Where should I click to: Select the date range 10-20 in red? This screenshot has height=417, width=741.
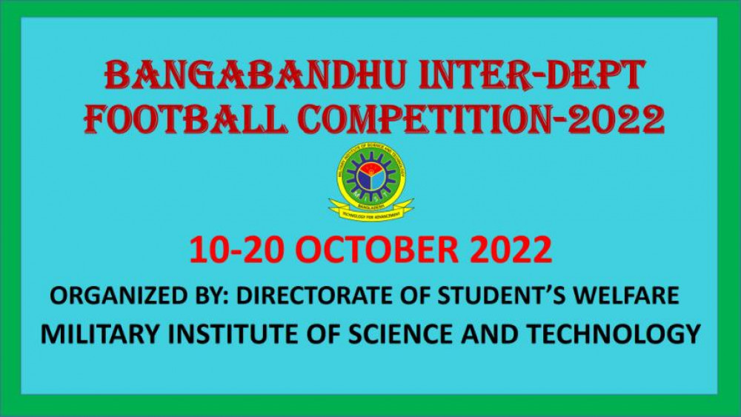click(236, 250)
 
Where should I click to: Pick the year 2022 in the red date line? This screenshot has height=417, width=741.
click(511, 250)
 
